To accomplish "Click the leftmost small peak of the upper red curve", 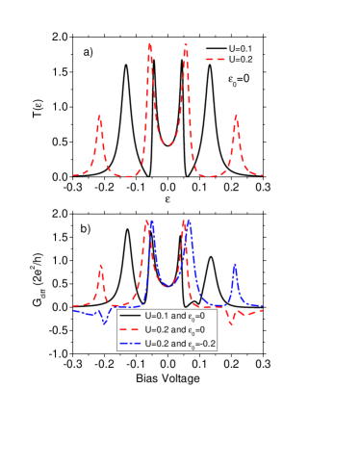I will point(99,117).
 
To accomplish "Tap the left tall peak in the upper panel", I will point(149,44).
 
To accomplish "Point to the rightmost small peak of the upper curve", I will point(237,117).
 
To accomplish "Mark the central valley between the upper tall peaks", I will point(168,144).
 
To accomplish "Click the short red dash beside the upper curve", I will point(215,60).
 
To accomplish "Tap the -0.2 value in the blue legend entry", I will point(206,344).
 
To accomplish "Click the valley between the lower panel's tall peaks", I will point(168,285).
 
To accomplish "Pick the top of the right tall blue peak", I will point(189,220).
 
